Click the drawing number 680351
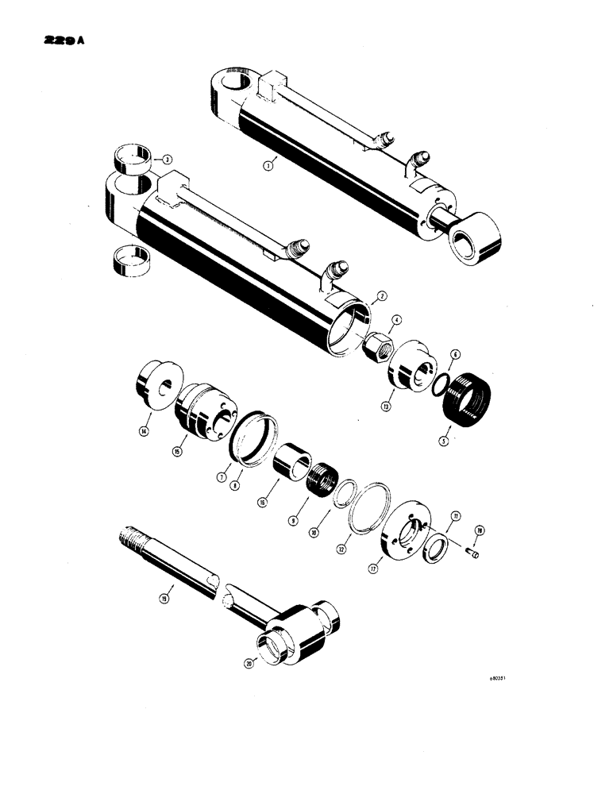click(x=500, y=680)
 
